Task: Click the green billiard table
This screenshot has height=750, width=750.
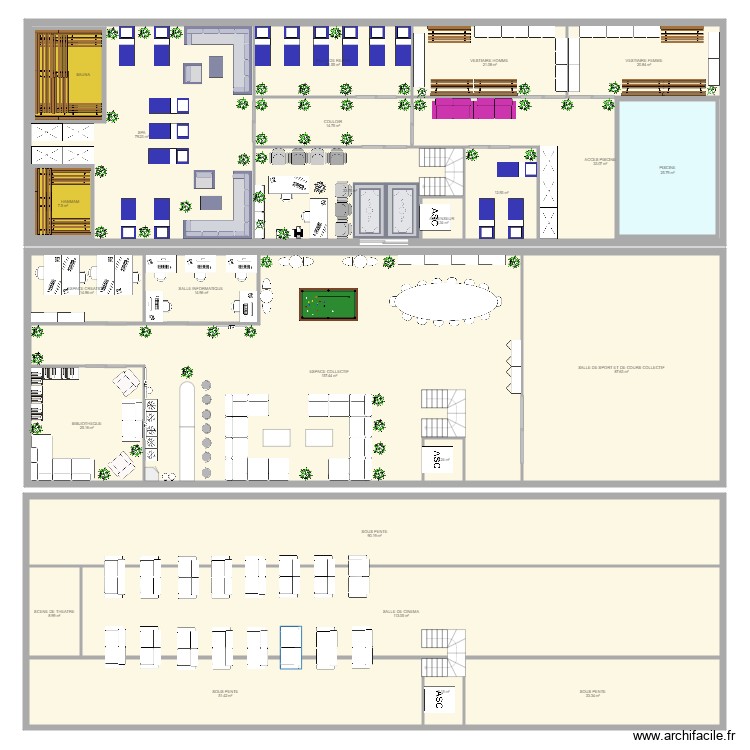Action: click(x=326, y=305)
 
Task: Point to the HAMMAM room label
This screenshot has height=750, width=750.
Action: click(x=69, y=202)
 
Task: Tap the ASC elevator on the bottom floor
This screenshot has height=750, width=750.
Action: click(x=437, y=700)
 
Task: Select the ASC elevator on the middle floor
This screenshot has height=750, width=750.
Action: click(x=437, y=458)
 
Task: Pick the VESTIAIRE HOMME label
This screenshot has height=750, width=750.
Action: click(x=489, y=61)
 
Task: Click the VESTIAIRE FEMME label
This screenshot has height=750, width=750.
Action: click(x=643, y=61)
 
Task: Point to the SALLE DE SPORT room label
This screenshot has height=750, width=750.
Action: click(x=621, y=368)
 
